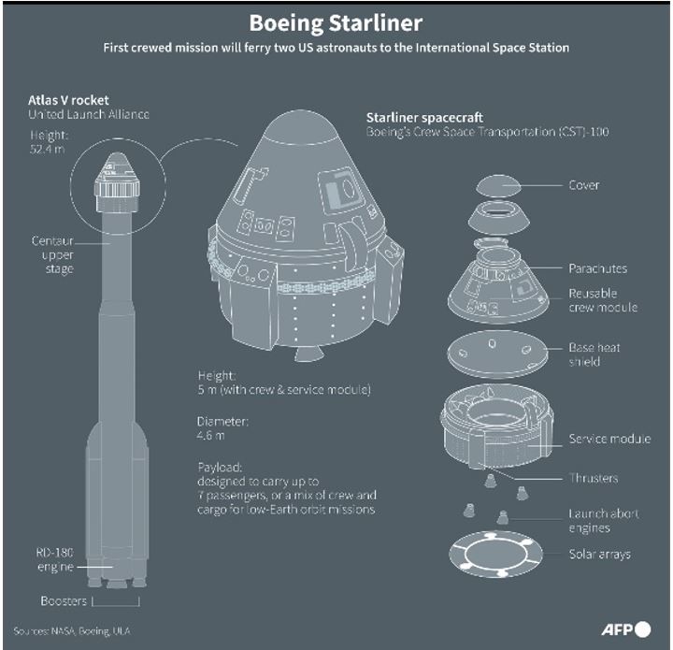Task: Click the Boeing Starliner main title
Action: [x=336, y=23]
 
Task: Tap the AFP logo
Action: [x=626, y=629]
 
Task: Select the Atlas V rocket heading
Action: [x=68, y=100]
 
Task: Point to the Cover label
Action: [x=583, y=185]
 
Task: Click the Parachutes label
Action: [x=597, y=268]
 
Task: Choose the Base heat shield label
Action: [x=594, y=354]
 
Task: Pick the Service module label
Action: [x=609, y=439]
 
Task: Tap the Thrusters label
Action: [x=594, y=478]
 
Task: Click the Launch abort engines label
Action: [x=604, y=520]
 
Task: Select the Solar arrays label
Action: [x=599, y=555]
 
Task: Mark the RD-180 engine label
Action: [x=55, y=559]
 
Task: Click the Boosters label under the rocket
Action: [x=64, y=600]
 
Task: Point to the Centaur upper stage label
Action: [x=52, y=254]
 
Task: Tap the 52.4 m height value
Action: [x=48, y=149]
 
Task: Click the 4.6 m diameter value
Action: [x=210, y=435]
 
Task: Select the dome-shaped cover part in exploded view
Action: [x=498, y=185]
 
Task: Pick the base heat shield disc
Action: [x=498, y=354]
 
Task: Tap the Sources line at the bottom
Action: [x=72, y=630]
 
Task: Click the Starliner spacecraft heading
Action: [x=424, y=118]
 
